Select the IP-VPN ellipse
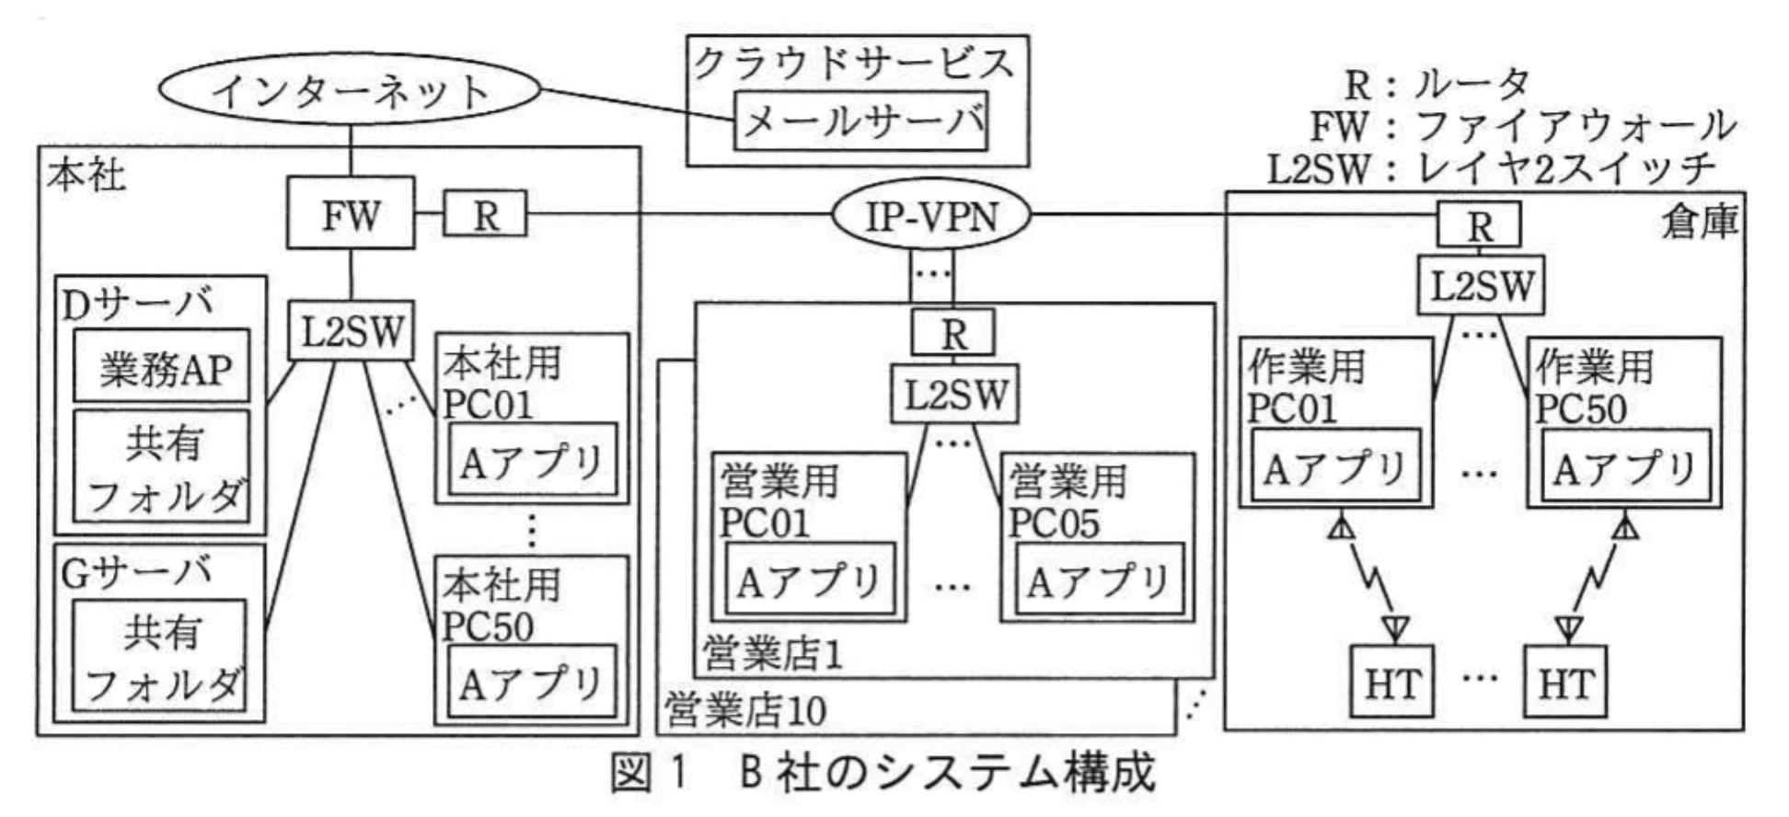pyautogui.click(x=931, y=217)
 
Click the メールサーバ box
pyautogui.click(x=860, y=121)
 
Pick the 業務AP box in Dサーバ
pyautogui.click(x=162, y=366)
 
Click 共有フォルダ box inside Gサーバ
pyautogui.click(x=160, y=655)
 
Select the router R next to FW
pyautogui.click(x=486, y=214)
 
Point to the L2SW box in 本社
pyautogui.click(x=351, y=329)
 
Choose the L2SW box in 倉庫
pyautogui.click(x=1479, y=285)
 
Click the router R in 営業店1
pyautogui.click(x=953, y=332)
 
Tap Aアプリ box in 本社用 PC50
pyautogui.click(x=531, y=681)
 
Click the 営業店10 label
pyautogui.click(x=746, y=709)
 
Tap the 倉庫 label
pyautogui.click(x=1700, y=221)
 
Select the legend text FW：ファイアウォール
pyautogui.click(x=1523, y=126)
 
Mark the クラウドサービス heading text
pyautogui.click(x=854, y=63)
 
